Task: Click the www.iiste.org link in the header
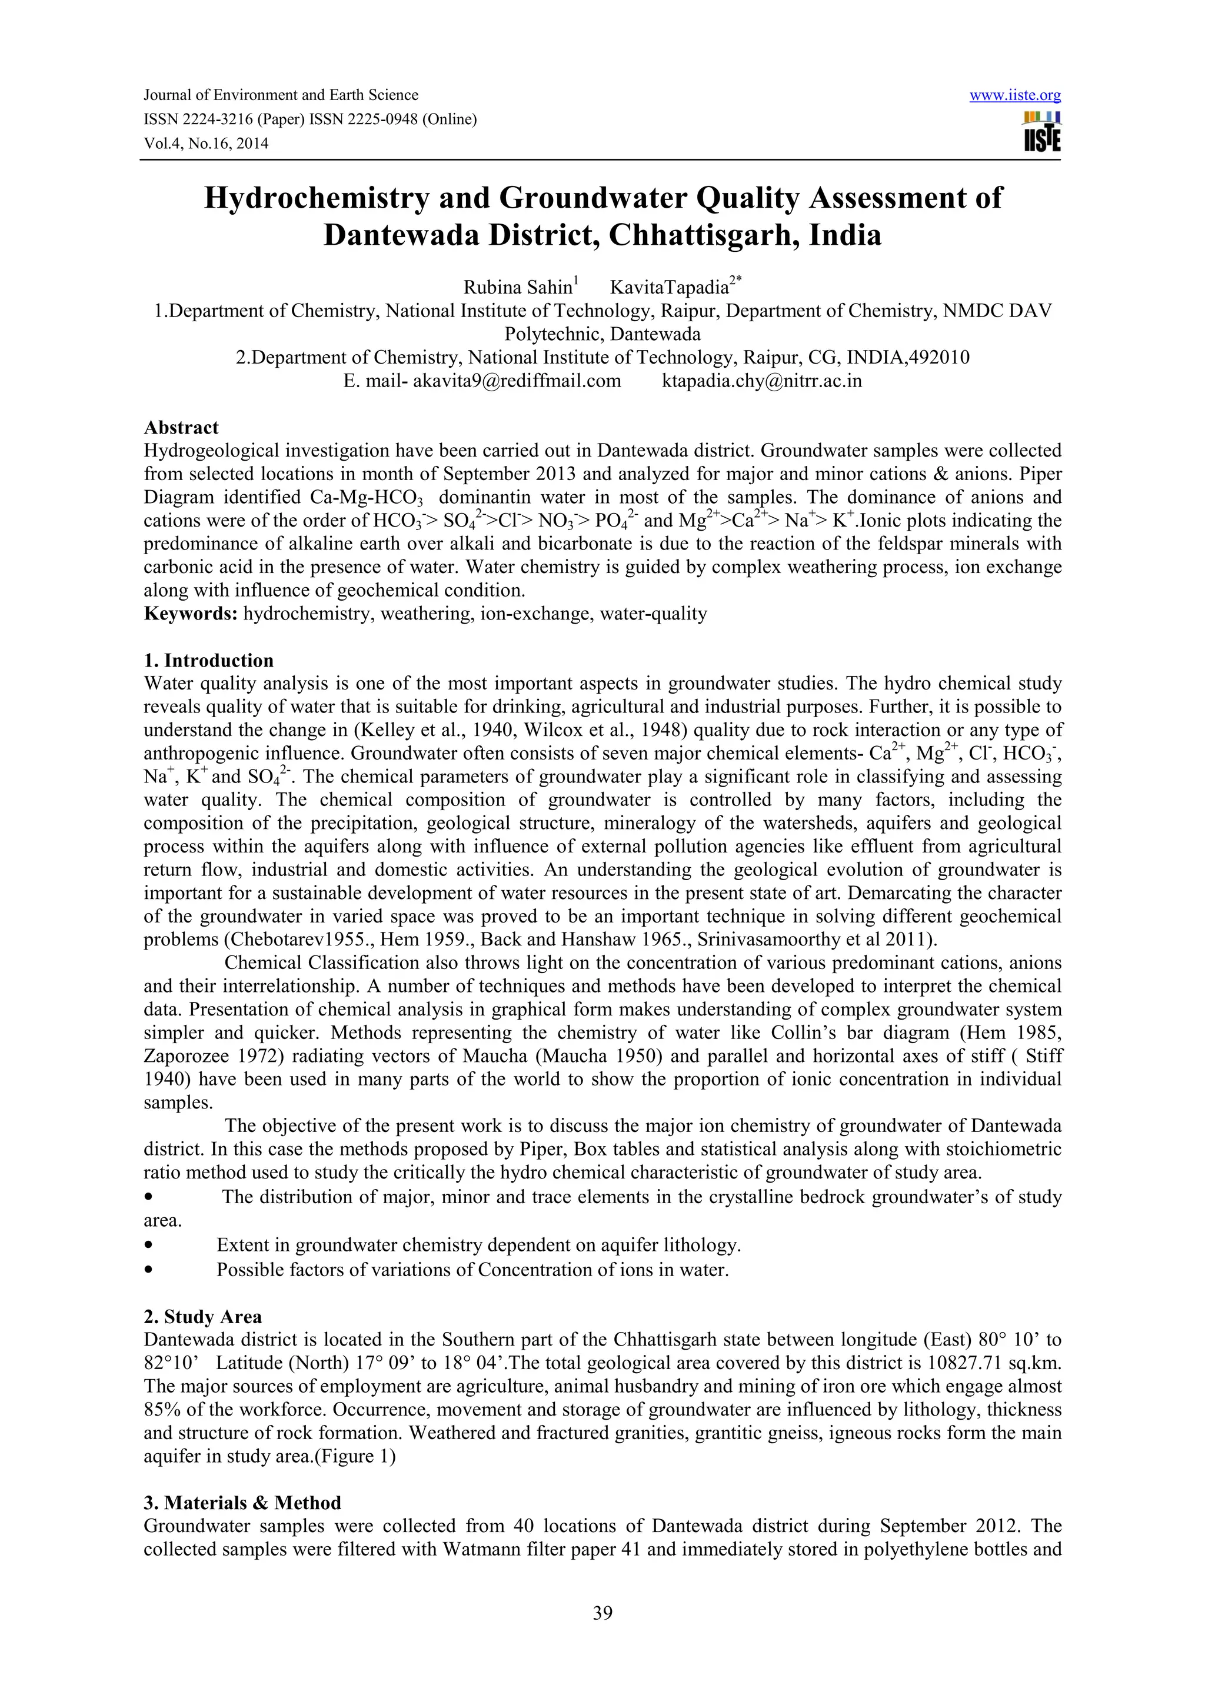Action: click(1014, 95)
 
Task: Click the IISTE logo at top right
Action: click(1041, 131)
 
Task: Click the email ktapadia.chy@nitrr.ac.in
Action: click(762, 382)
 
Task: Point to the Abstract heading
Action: click(181, 428)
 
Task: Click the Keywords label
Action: click(190, 614)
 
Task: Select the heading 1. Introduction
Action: click(209, 661)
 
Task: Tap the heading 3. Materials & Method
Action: click(242, 1503)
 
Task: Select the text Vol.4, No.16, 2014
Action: click(206, 144)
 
